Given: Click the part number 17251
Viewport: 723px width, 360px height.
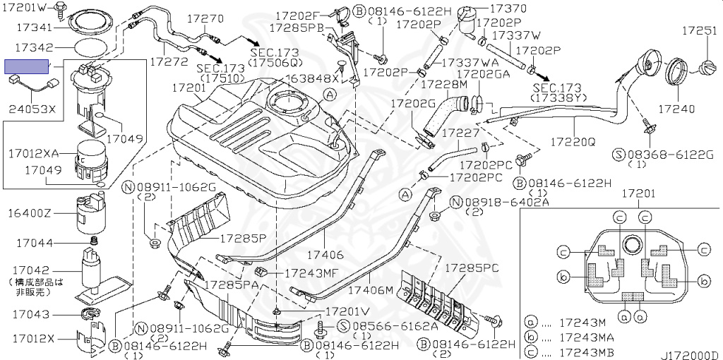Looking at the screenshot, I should pos(699,31).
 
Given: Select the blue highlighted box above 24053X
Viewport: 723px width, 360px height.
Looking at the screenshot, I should pos(27,66).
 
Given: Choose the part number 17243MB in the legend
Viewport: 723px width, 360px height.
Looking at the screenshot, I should pos(586,352).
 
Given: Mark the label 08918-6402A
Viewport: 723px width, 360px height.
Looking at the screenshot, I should pos(506,202).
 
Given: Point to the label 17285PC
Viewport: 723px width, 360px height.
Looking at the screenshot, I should pos(471,268).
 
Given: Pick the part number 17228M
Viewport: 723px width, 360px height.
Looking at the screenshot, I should pos(444,85).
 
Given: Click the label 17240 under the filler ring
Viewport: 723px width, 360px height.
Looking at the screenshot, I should pos(676,109).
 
